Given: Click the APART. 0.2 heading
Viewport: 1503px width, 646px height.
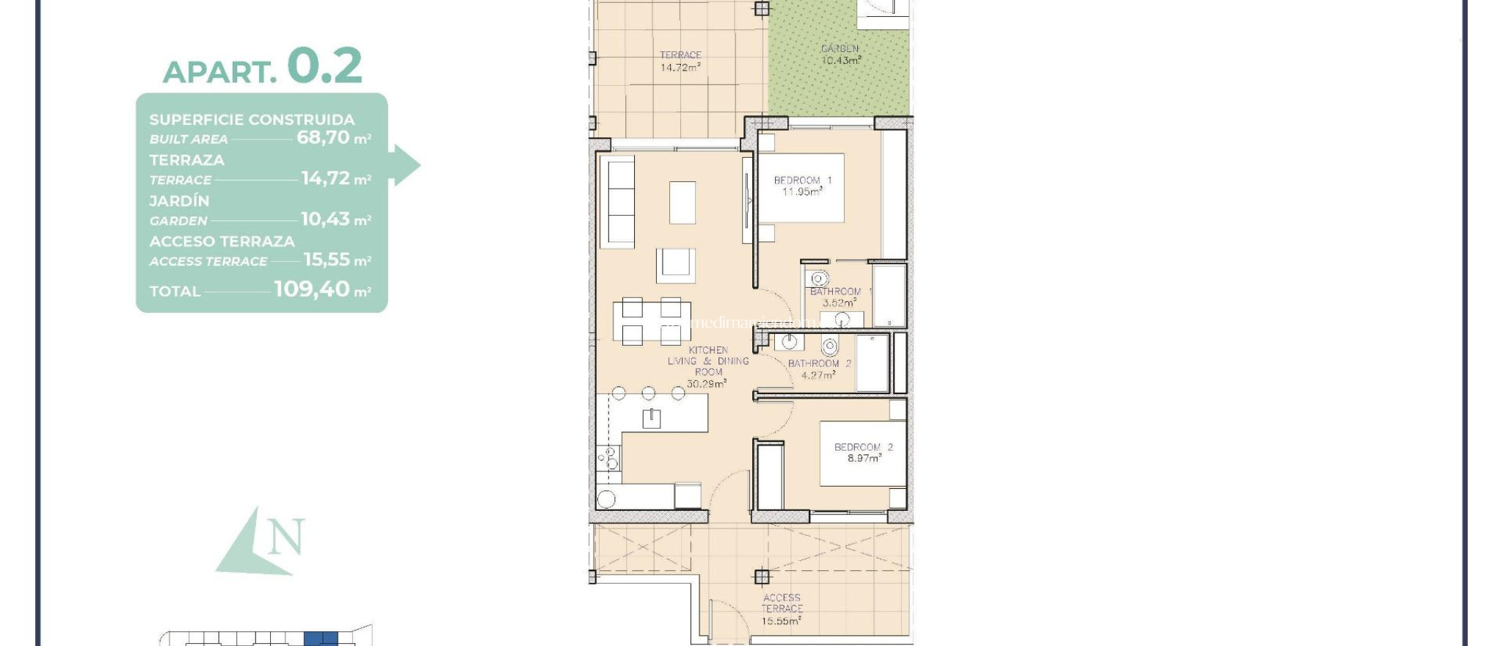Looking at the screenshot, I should (x=262, y=68).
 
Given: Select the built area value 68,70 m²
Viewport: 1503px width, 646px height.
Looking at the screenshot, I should (x=333, y=138).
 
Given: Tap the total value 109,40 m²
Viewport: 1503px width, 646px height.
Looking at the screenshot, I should (x=322, y=290).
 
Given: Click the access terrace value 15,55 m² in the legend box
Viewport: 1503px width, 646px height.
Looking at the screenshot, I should (x=337, y=260).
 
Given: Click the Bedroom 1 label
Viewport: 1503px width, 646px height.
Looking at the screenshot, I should (x=802, y=186).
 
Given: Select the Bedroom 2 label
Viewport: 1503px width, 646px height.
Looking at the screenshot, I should (x=863, y=452).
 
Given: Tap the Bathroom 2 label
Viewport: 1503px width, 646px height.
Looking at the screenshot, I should (x=819, y=369).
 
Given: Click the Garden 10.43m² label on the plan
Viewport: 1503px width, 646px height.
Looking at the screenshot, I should (x=840, y=54).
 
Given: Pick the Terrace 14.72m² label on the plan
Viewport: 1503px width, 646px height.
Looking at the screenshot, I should (x=680, y=61).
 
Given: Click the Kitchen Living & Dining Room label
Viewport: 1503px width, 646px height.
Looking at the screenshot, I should (x=708, y=366).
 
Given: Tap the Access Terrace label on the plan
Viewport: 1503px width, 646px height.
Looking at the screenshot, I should (x=781, y=609).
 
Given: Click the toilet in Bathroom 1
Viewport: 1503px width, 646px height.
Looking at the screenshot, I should (x=818, y=278).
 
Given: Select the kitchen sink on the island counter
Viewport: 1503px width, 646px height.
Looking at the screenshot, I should (x=651, y=418).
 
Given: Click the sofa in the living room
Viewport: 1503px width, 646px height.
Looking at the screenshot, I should (x=617, y=202).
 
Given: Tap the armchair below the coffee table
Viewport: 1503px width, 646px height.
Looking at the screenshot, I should (x=675, y=265).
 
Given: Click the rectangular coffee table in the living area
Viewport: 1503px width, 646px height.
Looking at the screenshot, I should (x=682, y=203).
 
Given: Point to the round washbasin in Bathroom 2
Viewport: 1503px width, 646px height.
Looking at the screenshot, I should (x=790, y=341).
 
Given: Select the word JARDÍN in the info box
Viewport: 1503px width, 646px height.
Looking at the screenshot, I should (x=179, y=200).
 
